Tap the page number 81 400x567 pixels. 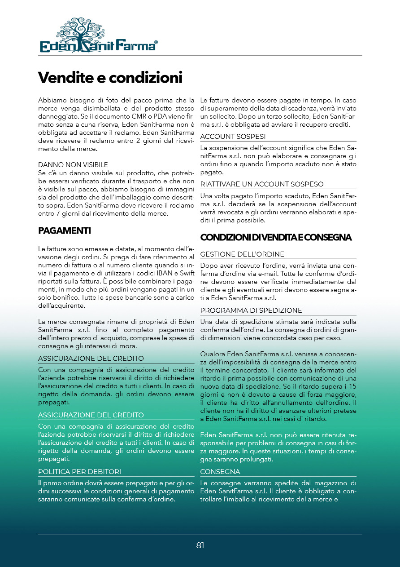point(200,545)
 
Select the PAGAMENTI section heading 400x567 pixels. point(65,231)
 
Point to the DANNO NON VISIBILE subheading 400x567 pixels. point(73,165)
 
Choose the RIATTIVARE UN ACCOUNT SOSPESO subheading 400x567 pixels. point(262,184)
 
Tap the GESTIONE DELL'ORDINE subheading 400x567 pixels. point(242,254)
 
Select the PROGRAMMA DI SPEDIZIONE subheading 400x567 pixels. point(251,310)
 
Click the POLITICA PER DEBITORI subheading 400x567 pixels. point(80,471)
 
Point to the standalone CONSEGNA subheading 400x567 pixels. point(220,472)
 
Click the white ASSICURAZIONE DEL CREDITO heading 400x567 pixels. point(91,415)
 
